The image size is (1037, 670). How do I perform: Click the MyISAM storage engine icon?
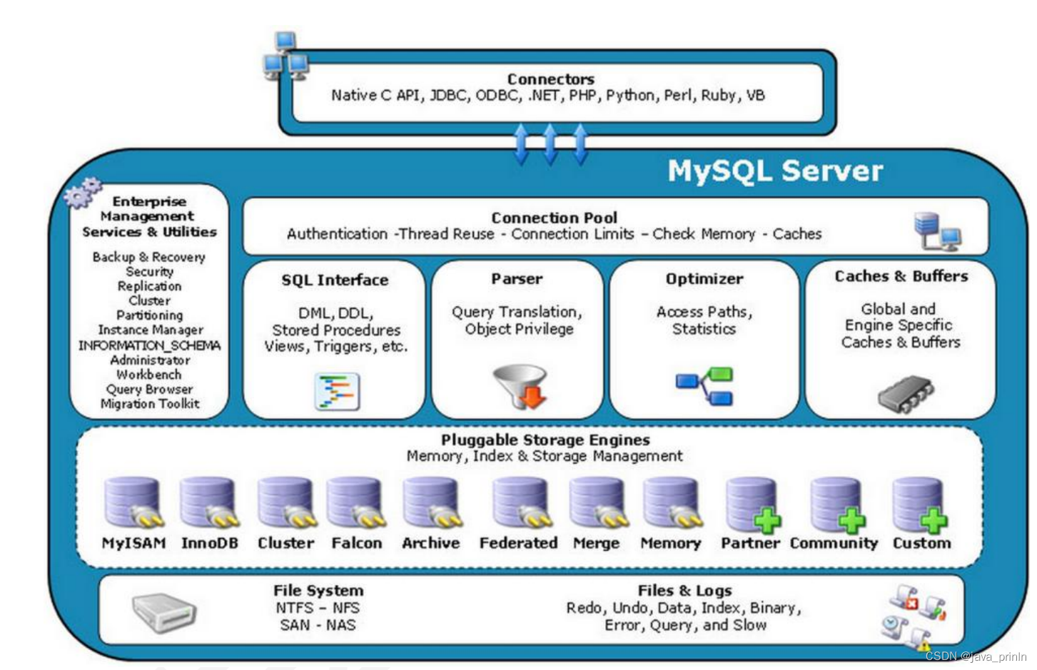[x=132, y=503]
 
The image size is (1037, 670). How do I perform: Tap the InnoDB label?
[x=209, y=544]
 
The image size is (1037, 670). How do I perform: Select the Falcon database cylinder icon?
[x=355, y=503]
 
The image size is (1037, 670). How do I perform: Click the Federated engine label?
[x=518, y=544]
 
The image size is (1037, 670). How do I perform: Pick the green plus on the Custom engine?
[x=934, y=521]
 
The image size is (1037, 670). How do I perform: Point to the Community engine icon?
[x=837, y=505]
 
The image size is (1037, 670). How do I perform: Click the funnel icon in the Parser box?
[x=522, y=386]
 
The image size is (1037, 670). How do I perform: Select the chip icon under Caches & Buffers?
[x=906, y=393]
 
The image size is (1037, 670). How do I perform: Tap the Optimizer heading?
[x=704, y=279]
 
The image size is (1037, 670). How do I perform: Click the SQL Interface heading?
[x=335, y=280]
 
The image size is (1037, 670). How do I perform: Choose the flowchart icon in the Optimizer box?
[x=705, y=386]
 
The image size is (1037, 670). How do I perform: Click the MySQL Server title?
[x=775, y=171]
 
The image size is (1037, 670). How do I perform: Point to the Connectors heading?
[x=550, y=79]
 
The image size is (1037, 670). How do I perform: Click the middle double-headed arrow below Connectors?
[x=550, y=143]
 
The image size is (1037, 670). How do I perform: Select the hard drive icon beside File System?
[x=163, y=612]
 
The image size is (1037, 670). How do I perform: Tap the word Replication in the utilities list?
[x=149, y=286]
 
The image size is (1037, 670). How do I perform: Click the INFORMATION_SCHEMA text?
[x=149, y=345]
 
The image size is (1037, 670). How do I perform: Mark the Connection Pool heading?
[x=554, y=218]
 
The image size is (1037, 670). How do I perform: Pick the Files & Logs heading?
[x=684, y=591]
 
